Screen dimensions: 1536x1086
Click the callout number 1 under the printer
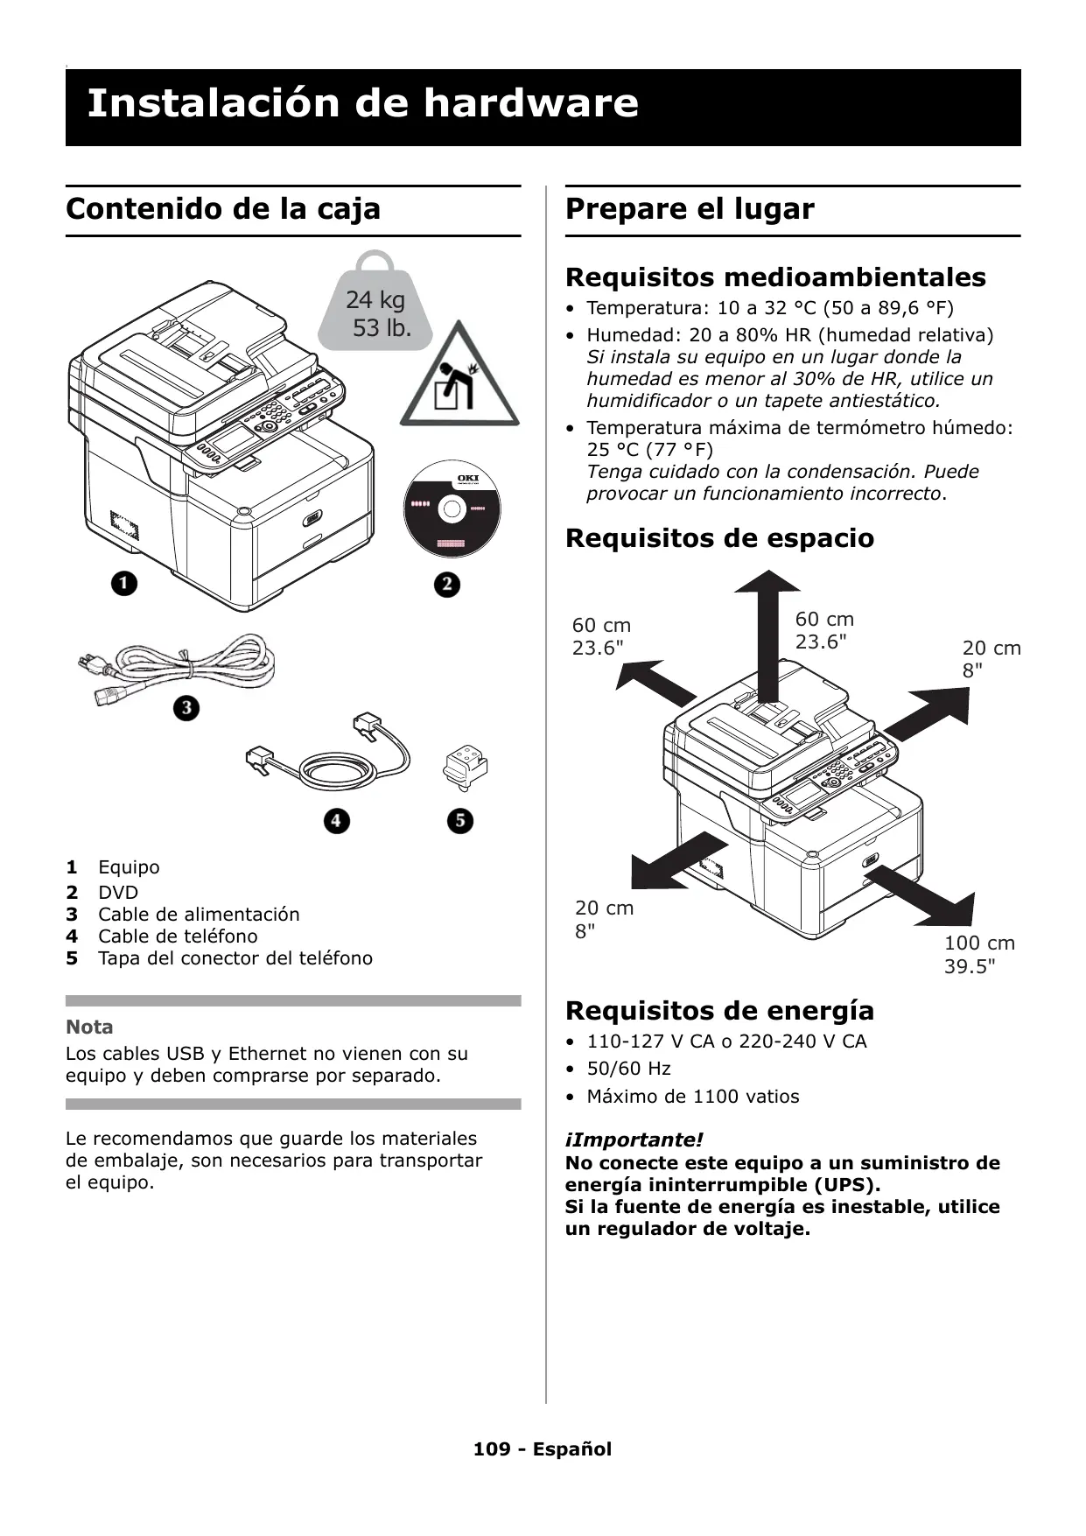click(x=124, y=583)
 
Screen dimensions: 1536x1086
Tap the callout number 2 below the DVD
click(x=446, y=584)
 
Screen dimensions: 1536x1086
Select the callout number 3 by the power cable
click(x=186, y=707)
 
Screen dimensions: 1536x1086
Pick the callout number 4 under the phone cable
click(x=336, y=821)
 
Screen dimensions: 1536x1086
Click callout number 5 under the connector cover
click(x=459, y=821)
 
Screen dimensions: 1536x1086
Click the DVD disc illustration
click(x=452, y=508)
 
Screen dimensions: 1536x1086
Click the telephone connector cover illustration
click(x=465, y=766)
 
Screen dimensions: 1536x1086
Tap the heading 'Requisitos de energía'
click(x=719, y=1011)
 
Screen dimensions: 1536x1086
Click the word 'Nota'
click(x=89, y=1027)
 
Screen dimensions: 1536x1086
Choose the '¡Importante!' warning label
click(x=634, y=1140)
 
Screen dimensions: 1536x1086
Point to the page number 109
click(x=492, y=1449)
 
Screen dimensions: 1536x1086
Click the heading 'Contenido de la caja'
click(x=223, y=209)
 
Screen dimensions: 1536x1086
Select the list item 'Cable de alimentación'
click(x=199, y=915)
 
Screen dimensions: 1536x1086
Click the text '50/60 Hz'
click(x=628, y=1069)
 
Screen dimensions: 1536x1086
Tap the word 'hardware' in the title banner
click(x=531, y=103)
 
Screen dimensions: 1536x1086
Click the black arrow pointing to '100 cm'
click(x=923, y=894)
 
